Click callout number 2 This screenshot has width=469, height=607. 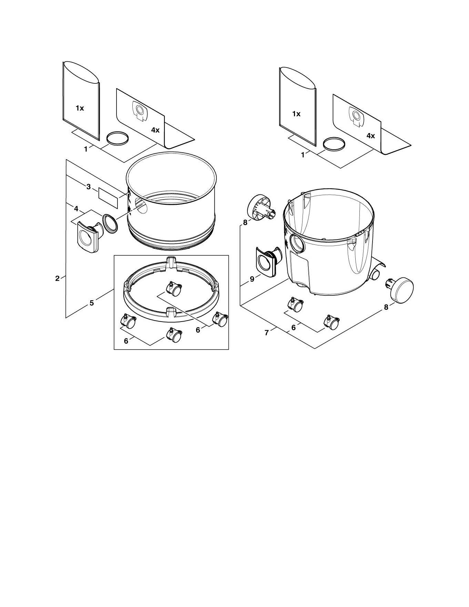click(x=58, y=278)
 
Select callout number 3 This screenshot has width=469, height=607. click(x=89, y=187)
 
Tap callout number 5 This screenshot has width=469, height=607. click(x=91, y=303)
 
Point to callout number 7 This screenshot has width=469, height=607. click(x=266, y=333)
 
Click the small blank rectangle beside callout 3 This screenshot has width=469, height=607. click(x=108, y=194)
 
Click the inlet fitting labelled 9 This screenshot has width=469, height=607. click(x=269, y=262)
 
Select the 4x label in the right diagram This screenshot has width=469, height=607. click(x=370, y=136)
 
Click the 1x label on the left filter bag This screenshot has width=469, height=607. click(x=80, y=108)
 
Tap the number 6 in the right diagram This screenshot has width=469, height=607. click(x=293, y=327)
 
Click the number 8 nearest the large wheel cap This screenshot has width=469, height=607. click(x=386, y=307)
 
